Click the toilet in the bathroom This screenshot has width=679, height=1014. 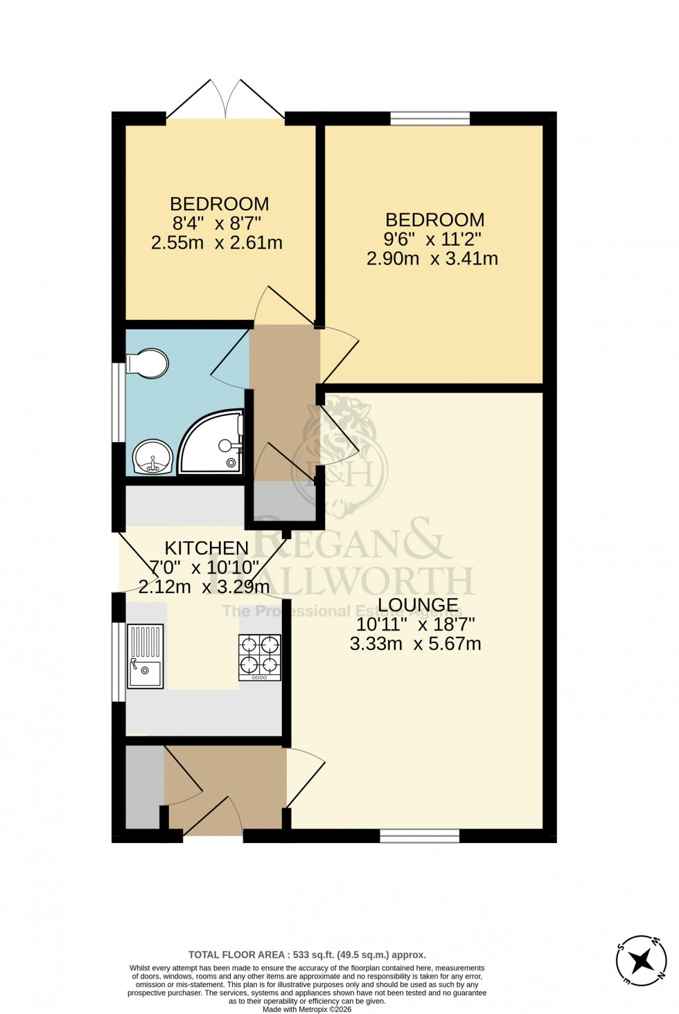148,363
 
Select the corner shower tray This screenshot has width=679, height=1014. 211,444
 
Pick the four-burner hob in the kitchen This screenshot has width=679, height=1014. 260,657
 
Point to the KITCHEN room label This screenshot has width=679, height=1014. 206,548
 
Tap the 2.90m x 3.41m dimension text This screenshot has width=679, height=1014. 433,259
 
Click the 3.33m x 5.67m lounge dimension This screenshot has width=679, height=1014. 416,644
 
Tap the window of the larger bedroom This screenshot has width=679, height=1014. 430,118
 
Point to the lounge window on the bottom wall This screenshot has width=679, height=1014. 419,836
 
